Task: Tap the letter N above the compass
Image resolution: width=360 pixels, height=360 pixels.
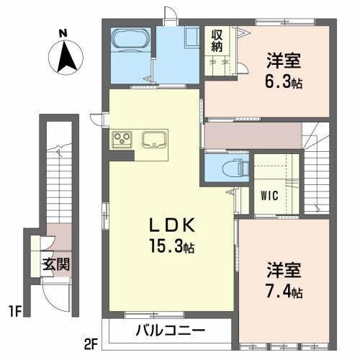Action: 63,32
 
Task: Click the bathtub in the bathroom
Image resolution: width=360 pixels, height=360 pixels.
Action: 130,42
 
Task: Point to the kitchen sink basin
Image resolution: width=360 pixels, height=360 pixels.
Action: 155,139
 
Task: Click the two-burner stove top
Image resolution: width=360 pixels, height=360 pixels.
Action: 121,139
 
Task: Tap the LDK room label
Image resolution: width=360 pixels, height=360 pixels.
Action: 172,224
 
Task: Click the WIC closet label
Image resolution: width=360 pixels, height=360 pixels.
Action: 268,195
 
